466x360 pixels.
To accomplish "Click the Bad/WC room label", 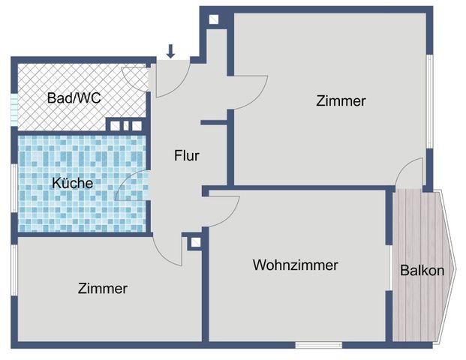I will (73, 97).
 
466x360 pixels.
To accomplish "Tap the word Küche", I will (72, 182).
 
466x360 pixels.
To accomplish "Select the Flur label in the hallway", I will (186, 156).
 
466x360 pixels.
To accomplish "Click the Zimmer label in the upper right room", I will (341, 100).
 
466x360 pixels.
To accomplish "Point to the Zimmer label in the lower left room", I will (102, 288).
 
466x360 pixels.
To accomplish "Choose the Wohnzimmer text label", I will (295, 265).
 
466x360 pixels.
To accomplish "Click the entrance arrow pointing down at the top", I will (170, 51).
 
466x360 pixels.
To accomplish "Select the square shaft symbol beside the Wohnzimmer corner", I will (196, 242).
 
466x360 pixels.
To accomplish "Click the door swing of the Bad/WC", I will (135, 78).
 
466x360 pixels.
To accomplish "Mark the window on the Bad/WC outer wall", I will (13, 109).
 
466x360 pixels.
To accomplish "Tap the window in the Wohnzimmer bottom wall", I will (308, 345).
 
